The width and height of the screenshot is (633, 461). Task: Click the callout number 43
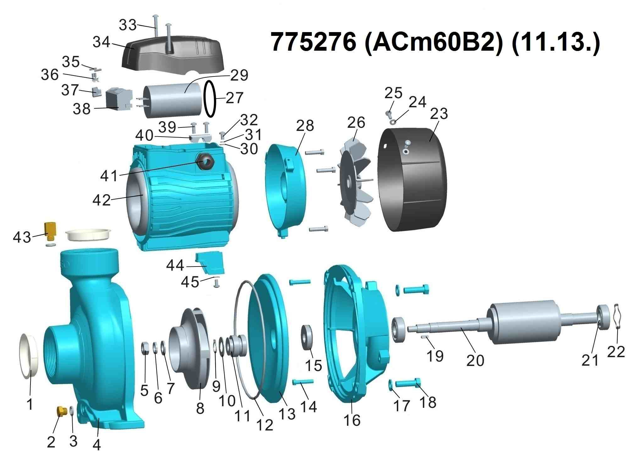tap(22, 237)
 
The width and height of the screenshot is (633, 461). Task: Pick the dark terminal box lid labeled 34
tap(173, 53)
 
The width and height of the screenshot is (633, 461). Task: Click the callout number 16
tap(352, 420)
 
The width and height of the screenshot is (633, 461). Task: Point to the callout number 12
tap(265, 425)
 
